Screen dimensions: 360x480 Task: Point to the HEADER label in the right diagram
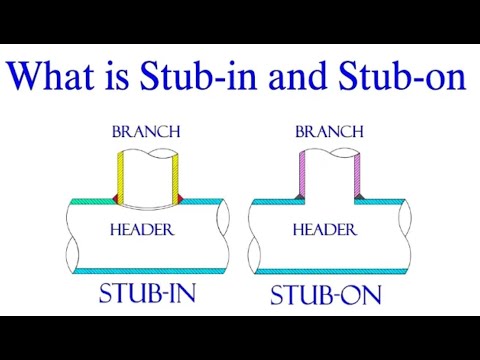click(324, 229)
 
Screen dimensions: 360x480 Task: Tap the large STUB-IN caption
click(147, 295)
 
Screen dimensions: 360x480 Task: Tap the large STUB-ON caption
click(326, 297)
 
